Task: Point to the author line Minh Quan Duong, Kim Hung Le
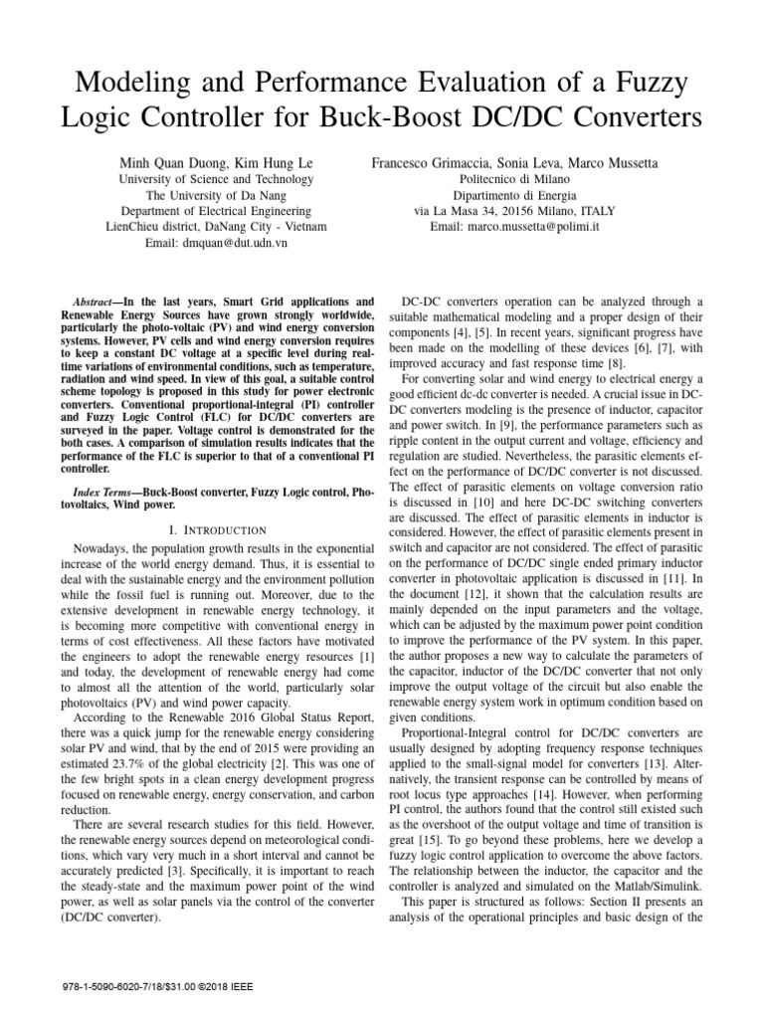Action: pos(216,162)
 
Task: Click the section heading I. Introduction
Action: pos(218,529)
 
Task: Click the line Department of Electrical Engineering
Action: pos(216,211)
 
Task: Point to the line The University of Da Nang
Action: pos(216,195)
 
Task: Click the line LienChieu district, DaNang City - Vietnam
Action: pos(216,227)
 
